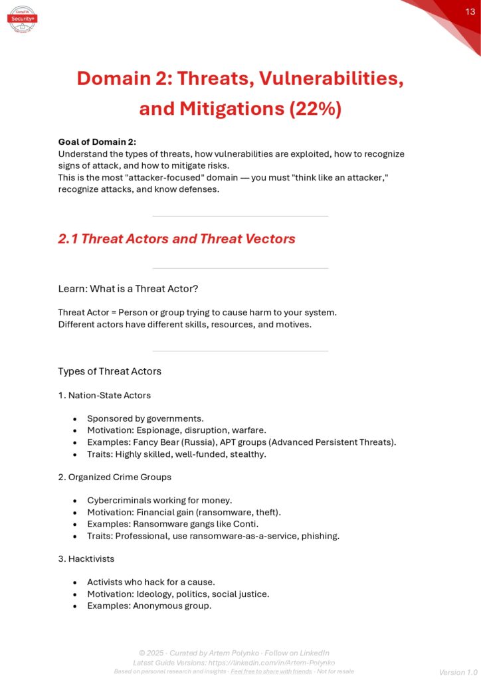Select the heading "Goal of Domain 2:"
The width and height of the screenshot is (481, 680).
tap(97, 141)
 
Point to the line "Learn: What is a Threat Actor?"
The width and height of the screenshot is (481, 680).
tap(129, 288)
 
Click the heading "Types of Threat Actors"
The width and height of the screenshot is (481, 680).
tap(110, 371)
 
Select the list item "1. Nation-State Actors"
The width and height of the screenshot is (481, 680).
tap(104, 395)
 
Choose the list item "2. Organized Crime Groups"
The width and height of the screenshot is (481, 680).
tap(114, 477)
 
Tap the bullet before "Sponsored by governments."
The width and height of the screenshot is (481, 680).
tap(75, 419)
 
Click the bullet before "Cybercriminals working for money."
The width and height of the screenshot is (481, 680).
tap(75, 501)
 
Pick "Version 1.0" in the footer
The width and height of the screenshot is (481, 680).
tap(458, 672)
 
